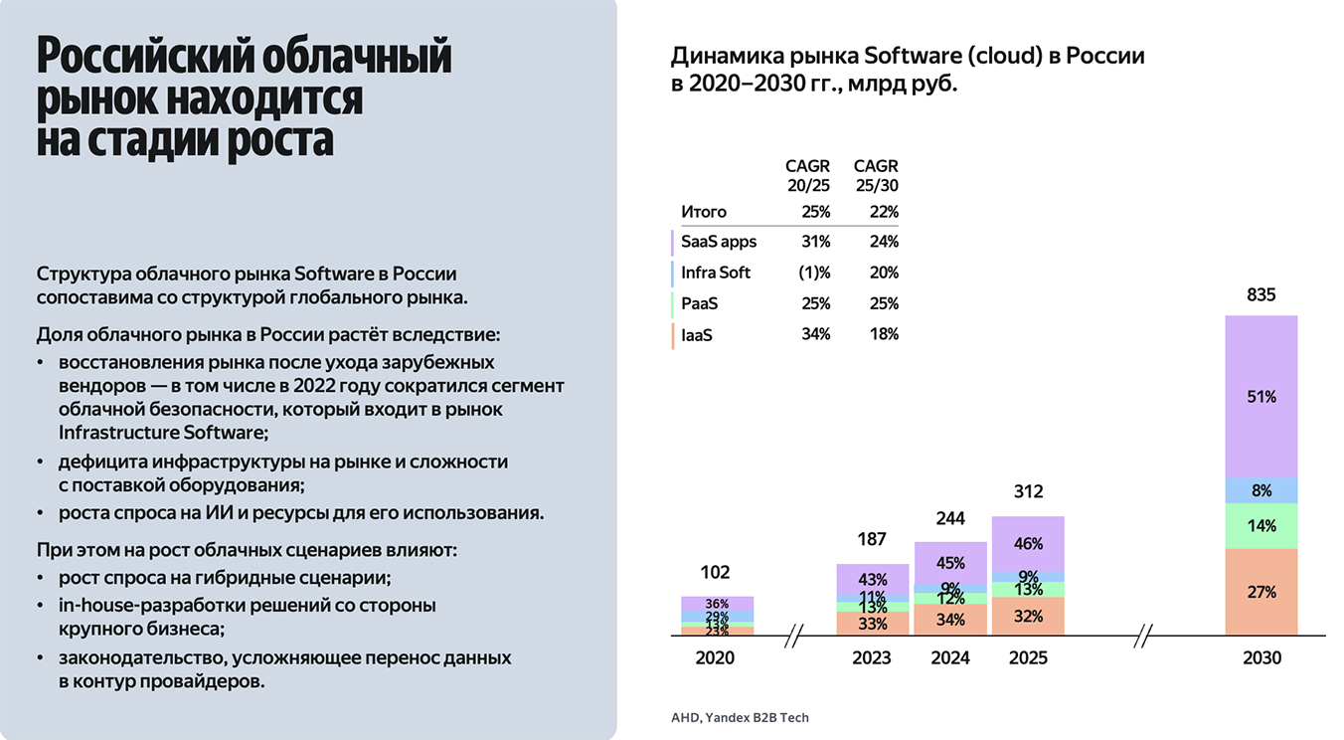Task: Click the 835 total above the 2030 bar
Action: [1260, 295]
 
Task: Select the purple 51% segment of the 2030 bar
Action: [1260, 396]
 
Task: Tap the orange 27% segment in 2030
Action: [1260, 592]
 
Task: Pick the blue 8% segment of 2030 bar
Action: [1260, 490]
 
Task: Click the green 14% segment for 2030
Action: [1260, 526]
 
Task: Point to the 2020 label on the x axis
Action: [715, 658]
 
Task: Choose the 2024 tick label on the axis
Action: [949, 658]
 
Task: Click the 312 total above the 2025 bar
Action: [1028, 492]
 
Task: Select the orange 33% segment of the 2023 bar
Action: [872, 624]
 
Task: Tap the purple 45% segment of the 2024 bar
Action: [950, 563]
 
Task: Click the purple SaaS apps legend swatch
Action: [674, 242]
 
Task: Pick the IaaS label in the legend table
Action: [697, 335]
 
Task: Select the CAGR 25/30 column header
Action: [876, 176]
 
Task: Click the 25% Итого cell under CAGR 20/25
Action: [815, 212]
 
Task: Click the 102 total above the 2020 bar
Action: [715, 573]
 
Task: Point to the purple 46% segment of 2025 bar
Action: [1028, 544]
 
